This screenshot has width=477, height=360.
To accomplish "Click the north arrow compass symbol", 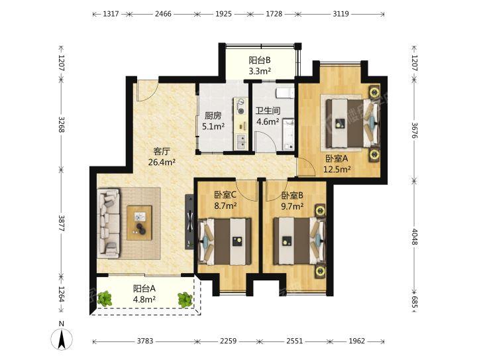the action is coord(62,339).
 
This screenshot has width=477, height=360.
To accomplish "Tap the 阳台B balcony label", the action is coord(260,60).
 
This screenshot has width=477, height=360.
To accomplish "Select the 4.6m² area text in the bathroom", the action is coord(268,122).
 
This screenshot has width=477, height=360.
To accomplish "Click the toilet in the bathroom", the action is coord(285,93).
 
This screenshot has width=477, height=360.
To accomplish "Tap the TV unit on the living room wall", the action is coord(189,222).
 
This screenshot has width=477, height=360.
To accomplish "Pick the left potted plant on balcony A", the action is coord(105,298).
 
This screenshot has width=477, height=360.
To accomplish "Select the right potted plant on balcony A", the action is coord(185,300).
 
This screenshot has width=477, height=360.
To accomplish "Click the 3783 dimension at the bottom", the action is coord(145,341).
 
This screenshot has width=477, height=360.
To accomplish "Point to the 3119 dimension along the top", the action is coord(341,14).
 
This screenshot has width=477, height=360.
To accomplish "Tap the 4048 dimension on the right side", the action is coord(414,234).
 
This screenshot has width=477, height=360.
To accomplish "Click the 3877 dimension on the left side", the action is coord(62,223).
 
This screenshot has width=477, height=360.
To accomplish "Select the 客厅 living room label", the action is coord(162,151).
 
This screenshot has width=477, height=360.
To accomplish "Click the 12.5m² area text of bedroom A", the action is coord(337,169).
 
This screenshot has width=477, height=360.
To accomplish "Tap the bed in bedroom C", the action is coord(225,241).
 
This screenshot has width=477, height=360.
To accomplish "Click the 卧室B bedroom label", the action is coord(292,196).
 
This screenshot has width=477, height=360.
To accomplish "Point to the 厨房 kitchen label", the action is coord(213,115).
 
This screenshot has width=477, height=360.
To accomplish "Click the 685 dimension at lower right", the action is coord(414,302).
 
